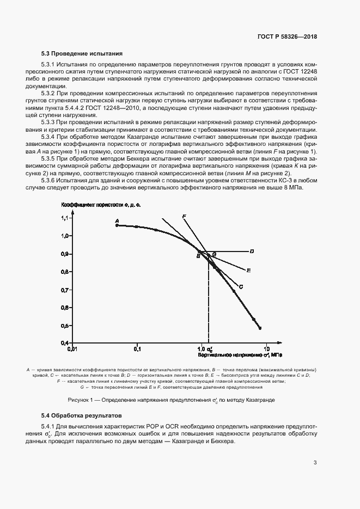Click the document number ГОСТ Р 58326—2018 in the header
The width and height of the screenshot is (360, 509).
tap(287, 37)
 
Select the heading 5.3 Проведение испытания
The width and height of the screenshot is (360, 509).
tap(82, 53)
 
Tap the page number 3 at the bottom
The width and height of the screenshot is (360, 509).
tap(315, 463)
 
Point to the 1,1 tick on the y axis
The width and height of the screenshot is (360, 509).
tap(63, 218)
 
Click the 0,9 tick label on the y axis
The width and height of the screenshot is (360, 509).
tap(63, 254)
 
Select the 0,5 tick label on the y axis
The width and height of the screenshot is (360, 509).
tap(63, 326)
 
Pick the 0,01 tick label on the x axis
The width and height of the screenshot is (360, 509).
tap(72, 348)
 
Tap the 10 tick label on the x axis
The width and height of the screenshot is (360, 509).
tap(267, 348)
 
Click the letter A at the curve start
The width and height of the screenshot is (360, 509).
tap(117, 220)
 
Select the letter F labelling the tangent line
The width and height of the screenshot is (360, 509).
tap(184, 217)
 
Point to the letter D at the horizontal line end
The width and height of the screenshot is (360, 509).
tap(252, 252)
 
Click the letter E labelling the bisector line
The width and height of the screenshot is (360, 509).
tap(248, 270)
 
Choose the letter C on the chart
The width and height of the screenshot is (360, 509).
tap(241, 286)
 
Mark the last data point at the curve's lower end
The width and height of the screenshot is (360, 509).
tap(260, 328)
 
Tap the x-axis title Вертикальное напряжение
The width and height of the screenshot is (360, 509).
tap(240, 354)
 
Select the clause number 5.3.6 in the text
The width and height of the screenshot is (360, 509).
tap(51, 180)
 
